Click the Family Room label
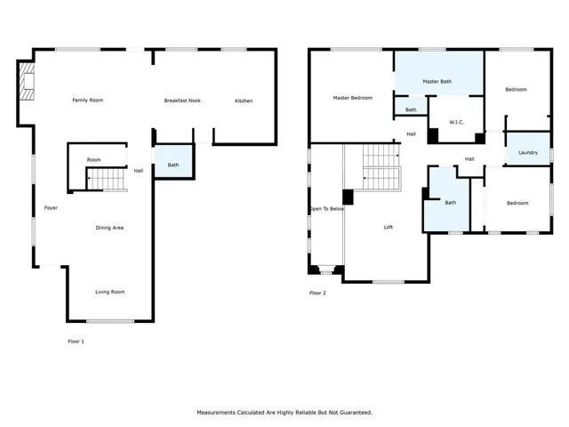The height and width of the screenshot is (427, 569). coord(88,101)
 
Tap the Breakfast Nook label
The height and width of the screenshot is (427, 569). coord(182,101)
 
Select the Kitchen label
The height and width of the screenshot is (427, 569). coord(244,101)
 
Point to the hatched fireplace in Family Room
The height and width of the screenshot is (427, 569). coord(27,81)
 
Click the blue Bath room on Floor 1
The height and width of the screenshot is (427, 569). coord(173,162)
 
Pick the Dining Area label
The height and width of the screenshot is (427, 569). coord(109,228)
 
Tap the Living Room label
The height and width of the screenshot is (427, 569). coord(110,292)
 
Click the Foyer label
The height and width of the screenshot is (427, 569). coord(51,208)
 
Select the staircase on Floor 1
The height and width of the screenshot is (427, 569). coord(107,180)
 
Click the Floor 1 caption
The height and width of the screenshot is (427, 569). coord(76,342)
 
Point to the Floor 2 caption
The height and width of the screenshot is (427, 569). coord(317,293)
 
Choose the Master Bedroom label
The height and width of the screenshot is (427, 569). coord(353,98)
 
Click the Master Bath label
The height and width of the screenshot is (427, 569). coord(437,82)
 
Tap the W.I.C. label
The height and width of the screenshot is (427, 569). coord(456,123)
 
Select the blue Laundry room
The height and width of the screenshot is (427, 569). coord(528,149)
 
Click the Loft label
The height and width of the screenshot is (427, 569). coord(389,228)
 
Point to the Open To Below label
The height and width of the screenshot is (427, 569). coord(326,209)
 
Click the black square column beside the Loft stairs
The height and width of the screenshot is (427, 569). coord(348,197)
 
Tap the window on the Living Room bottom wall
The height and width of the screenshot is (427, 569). coord(110,321)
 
